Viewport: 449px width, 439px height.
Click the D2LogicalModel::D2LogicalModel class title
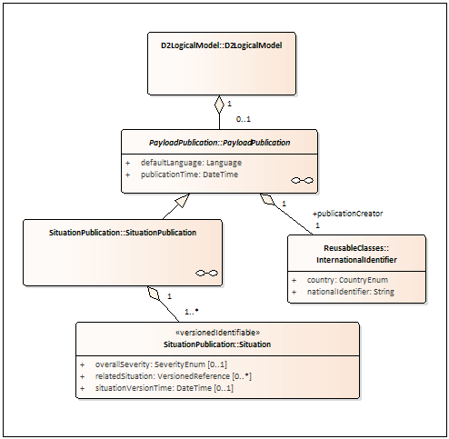tap(221, 45)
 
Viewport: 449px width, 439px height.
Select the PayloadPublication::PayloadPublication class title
tap(219, 143)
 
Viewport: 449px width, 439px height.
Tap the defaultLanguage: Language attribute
tap(191, 163)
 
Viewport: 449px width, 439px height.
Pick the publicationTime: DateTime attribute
tap(189, 175)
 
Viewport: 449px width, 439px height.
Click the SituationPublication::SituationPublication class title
tap(123, 233)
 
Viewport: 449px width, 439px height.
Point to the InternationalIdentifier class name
tap(356, 260)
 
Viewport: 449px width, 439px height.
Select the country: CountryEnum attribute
tap(347, 280)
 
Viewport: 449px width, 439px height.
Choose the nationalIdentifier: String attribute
tap(351, 292)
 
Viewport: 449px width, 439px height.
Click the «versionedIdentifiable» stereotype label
tap(217, 333)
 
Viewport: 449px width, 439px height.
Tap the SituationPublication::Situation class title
tap(217, 344)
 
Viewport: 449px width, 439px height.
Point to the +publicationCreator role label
tap(348, 214)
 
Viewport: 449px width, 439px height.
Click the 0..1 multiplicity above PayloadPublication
tap(244, 119)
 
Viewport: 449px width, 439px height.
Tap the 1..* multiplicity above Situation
tap(192, 312)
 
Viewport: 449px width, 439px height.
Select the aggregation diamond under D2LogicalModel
tap(219, 105)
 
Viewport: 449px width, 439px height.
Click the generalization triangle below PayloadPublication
tap(183, 200)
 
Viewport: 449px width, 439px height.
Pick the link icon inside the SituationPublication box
tap(206, 273)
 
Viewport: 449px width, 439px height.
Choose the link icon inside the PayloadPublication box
tap(302, 181)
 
